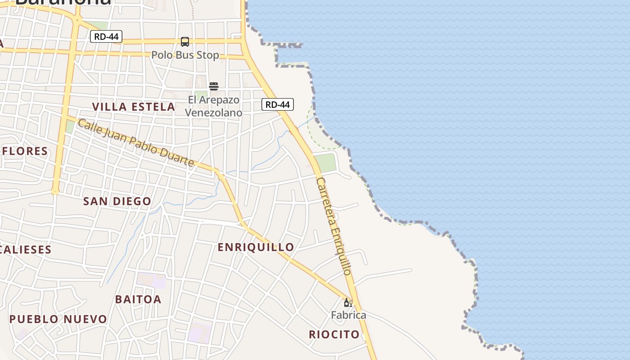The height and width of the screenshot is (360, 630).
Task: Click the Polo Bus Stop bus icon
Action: coord(185,42)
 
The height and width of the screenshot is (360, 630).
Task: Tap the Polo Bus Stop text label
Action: coord(185,55)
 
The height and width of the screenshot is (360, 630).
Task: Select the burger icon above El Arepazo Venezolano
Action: coord(214,86)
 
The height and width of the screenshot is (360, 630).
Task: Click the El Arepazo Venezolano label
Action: coord(214,106)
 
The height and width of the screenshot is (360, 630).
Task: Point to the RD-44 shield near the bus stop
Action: coord(106,36)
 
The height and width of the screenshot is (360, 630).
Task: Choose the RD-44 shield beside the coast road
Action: coord(278,105)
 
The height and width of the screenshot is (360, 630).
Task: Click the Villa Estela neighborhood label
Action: coord(134,107)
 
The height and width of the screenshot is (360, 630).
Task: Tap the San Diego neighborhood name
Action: coord(117,201)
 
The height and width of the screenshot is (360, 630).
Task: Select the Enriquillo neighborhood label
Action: coord(256,247)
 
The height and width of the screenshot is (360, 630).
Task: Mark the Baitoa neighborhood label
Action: coord(138,299)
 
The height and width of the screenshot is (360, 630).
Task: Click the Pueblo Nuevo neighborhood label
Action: coord(58,319)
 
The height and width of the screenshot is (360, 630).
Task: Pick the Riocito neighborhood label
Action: coord(334,334)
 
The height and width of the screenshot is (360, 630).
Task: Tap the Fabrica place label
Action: coord(349,315)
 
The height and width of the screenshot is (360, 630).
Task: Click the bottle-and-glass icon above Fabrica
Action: coord(348,303)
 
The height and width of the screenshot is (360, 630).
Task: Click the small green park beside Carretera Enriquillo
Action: coord(325,162)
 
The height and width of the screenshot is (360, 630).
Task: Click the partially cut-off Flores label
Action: coord(25,151)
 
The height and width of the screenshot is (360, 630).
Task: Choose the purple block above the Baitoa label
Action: coord(152,280)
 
